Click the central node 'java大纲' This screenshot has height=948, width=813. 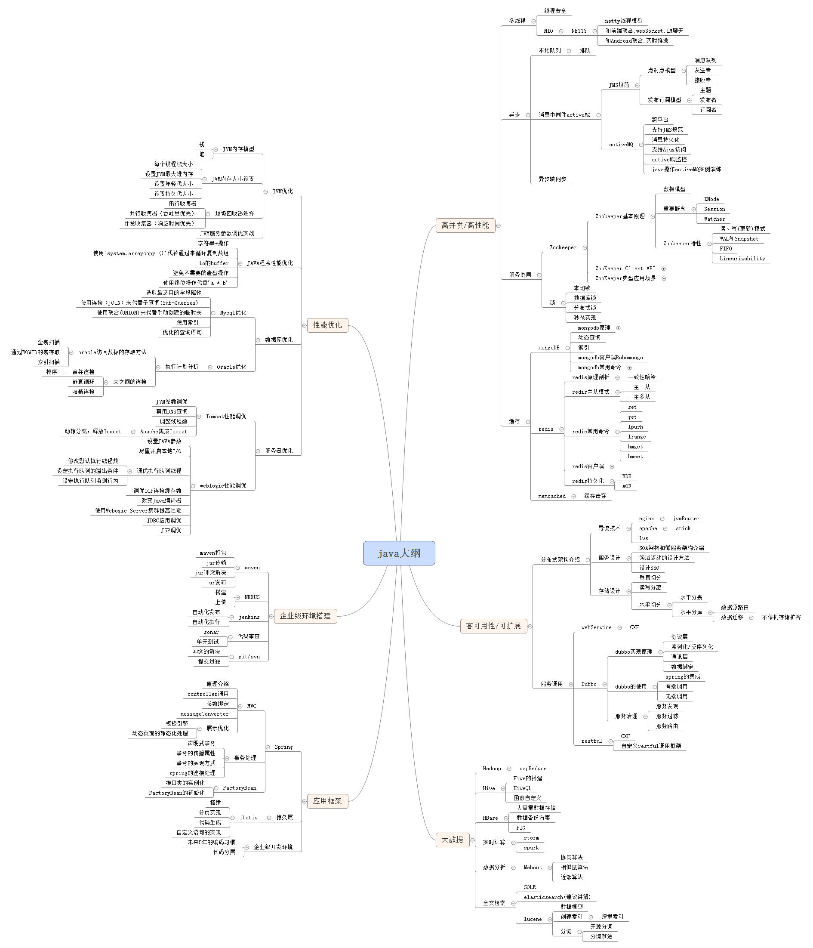[399, 553]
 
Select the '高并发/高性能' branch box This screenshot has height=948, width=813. [465, 225]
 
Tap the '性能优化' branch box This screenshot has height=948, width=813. [327, 325]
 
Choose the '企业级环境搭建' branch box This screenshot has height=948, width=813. [305, 616]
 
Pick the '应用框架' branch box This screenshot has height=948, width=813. [327, 801]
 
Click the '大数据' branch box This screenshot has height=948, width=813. [452, 840]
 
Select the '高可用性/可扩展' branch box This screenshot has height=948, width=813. [493, 626]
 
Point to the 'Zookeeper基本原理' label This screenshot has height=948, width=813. [619, 216]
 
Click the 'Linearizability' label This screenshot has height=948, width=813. [742, 259]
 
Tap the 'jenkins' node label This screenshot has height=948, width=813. [249, 617]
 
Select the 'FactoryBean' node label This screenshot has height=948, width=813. [240, 788]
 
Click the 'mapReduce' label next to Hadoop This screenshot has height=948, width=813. [533, 769]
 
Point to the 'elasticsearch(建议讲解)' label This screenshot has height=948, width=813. [557, 897]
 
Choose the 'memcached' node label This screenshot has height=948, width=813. [552, 496]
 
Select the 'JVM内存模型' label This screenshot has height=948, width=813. [238, 149]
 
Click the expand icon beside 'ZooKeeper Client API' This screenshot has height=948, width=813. [663, 269]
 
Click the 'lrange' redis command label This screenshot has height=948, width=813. [637, 437]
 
